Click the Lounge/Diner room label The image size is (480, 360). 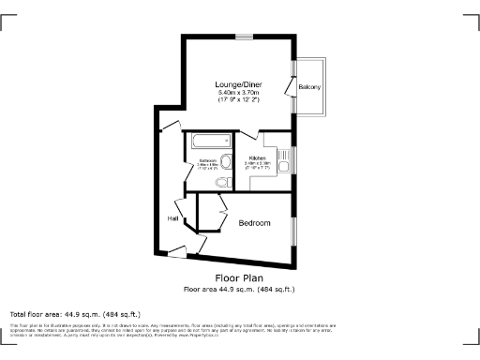click(x=239, y=85)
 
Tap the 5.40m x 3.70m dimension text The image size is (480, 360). click(x=239, y=93)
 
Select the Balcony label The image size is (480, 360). click(x=309, y=87)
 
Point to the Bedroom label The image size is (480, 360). click(x=254, y=223)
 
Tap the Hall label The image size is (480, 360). click(x=172, y=218)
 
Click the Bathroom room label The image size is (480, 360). click(x=208, y=161)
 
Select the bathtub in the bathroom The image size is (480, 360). click(x=207, y=142)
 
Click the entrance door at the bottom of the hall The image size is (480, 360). click(x=176, y=250)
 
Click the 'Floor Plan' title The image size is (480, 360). click(x=239, y=278)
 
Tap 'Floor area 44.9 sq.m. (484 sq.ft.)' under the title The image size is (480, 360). click(x=239, y=290)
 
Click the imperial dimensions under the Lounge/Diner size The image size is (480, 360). click(x=239, y=100)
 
